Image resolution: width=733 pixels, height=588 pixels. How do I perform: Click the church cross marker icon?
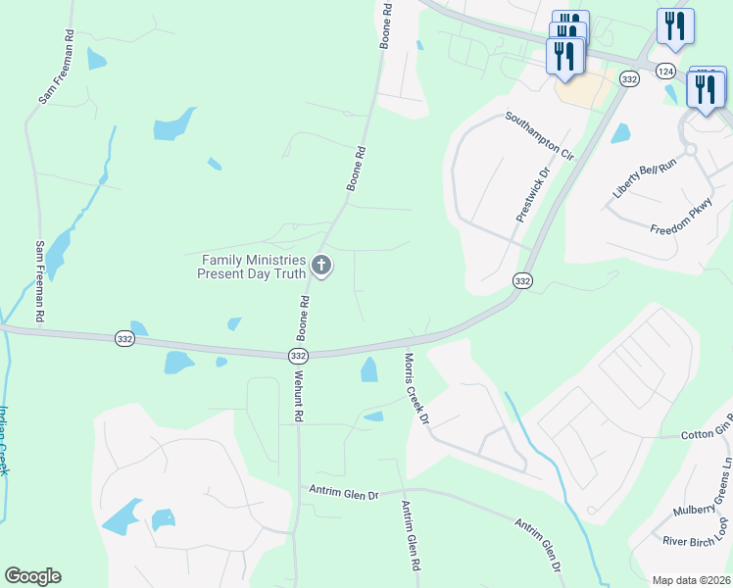pos(320,265)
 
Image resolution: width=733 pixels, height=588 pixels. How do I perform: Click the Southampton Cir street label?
pos(539,135)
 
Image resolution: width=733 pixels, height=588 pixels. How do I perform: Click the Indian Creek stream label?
pos(4,441)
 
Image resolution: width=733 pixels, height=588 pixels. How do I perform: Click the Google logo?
pos(32,576)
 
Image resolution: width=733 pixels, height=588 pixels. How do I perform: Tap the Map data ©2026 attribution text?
pos(691,580)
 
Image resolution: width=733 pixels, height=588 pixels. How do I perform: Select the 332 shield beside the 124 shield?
pos(630,78)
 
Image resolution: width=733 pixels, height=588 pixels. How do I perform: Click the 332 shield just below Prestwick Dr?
pos(522,281)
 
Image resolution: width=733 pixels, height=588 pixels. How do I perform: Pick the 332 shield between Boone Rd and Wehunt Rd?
pos(299,356)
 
